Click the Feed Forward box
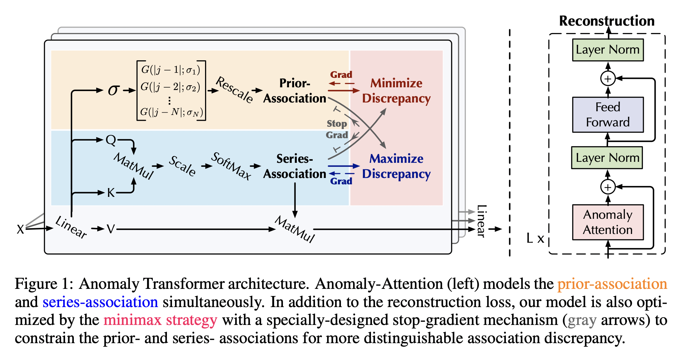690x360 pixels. (608, 115)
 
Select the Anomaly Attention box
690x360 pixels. (608, 222)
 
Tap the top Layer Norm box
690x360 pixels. (608, 50)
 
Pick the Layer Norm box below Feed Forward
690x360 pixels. (607, 158)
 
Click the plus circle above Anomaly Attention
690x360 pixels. (608, 187)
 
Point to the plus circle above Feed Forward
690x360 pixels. (608, 79)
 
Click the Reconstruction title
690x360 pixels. (607, 21)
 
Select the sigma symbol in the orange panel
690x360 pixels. (114, 90)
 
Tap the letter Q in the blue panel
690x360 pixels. (111, 140)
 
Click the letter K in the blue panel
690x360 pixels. (111, 193)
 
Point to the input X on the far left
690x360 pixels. (20, 230)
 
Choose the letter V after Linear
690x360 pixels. (111, 229)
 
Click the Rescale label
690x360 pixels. (234, 89)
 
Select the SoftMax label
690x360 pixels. (231, 166)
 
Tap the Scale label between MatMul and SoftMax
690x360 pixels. (182, 166)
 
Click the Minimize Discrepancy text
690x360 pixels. (396, 91)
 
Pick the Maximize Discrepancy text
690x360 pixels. (396, 166)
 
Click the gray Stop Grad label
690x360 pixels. (337, 129)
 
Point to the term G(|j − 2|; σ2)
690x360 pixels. (170, 87)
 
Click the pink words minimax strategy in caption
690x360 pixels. (161, 320)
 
